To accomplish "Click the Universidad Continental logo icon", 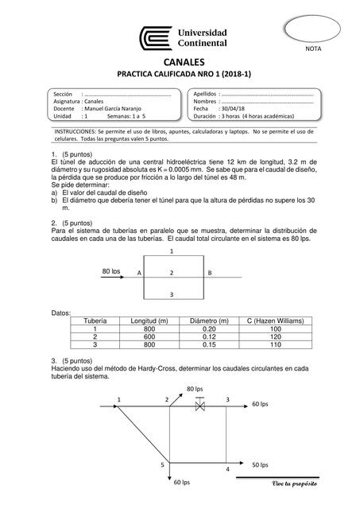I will coord(157,37).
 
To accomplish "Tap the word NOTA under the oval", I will coord(319,49).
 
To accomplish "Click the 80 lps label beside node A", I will coord(111,271).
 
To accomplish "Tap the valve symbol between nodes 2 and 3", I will coord(201,405).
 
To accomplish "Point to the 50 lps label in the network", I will coord(260,464).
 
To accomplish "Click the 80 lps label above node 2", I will coord(195,388).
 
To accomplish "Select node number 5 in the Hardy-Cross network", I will coord(162,464).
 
